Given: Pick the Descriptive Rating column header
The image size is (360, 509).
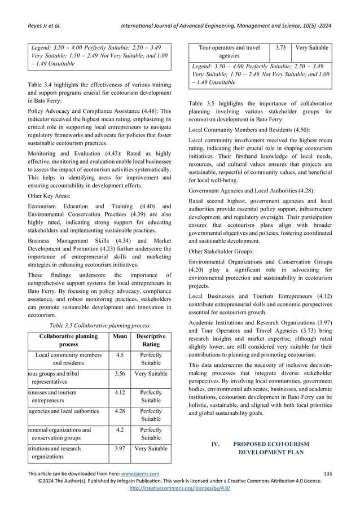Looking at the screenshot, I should pos(151,340).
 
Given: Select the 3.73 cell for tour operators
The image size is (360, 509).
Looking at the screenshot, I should pos(279,49).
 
